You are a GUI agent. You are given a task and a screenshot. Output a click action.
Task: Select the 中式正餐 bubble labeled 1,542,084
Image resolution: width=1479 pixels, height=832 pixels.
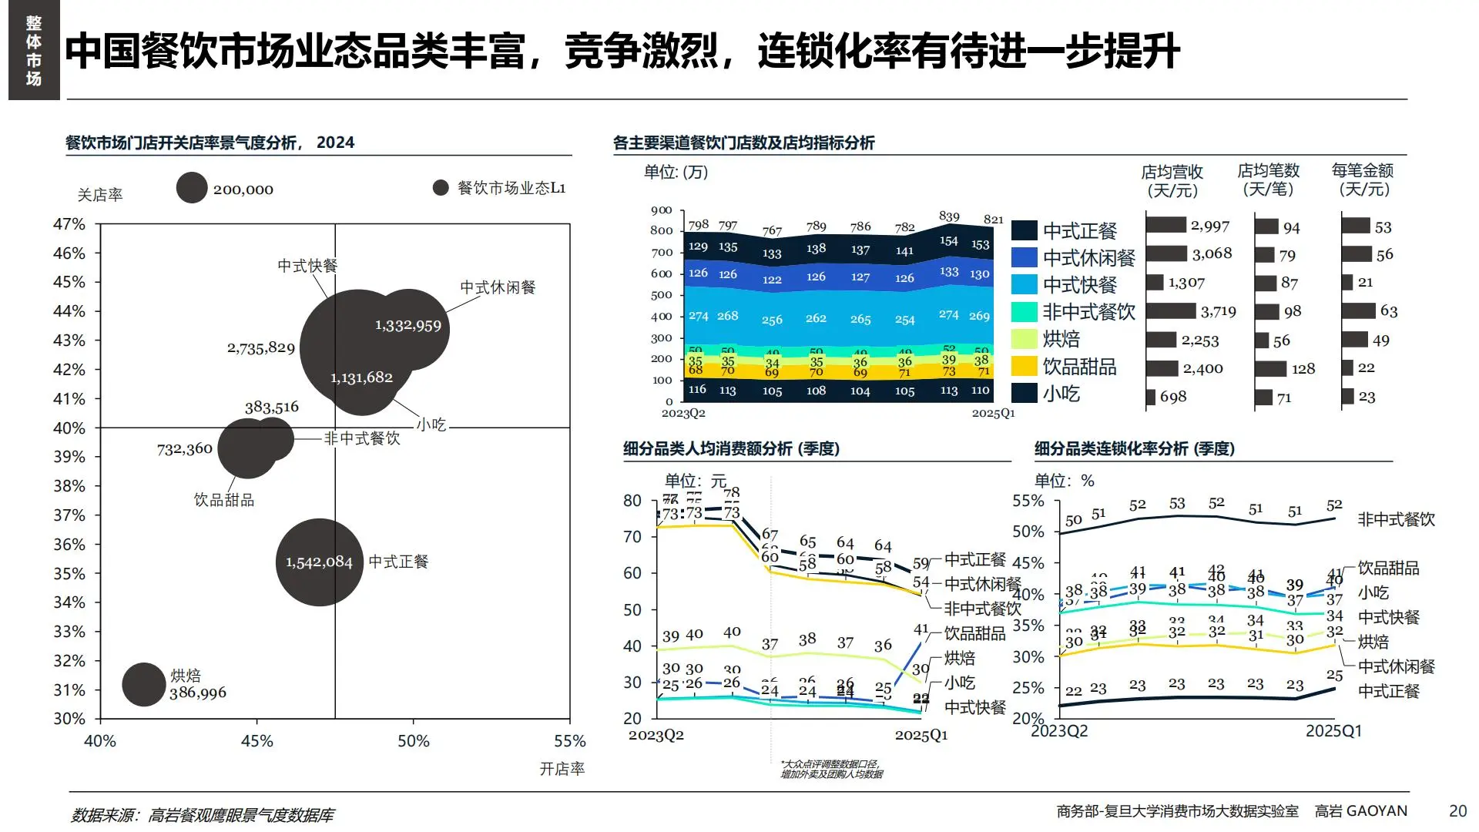pos(319,562)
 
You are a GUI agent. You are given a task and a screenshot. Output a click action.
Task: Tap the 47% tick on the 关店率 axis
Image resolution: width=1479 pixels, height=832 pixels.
pos(69,224)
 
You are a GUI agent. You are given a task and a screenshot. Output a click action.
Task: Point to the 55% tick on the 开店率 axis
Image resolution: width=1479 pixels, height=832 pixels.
pos(569,741)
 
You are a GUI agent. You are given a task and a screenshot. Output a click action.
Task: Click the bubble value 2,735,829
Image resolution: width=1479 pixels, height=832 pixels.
pos(260,348)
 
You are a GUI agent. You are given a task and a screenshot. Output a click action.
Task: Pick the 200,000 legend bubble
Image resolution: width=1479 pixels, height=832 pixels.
pos(192,188)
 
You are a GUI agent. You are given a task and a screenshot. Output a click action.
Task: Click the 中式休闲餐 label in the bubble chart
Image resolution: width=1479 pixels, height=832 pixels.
pos(498,287)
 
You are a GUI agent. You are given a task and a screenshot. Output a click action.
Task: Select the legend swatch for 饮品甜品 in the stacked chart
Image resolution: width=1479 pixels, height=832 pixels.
pos(1024,367)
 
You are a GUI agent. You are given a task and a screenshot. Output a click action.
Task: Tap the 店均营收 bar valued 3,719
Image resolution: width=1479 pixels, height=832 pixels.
pos(1170,311)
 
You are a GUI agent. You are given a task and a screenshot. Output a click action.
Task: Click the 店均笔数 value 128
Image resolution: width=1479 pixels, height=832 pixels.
pos(1303,369)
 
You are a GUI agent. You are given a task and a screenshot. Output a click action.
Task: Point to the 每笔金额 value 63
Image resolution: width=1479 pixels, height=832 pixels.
pos(1388,311)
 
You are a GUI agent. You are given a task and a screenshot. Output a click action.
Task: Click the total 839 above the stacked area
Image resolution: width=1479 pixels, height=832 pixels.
pos(949,216)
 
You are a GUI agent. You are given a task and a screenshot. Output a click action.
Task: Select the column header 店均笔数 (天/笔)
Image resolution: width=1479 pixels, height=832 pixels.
pos(1268,179)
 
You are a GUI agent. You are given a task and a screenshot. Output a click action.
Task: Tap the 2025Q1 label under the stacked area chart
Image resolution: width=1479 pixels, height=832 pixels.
pos(992,414)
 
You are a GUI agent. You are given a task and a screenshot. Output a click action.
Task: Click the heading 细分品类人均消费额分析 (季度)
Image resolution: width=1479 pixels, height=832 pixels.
pos(731,448)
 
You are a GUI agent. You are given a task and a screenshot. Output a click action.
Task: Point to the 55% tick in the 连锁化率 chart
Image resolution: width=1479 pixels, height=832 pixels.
pos(1028,502)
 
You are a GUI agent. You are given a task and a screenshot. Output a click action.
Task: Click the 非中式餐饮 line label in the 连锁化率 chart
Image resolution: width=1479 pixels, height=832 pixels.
pos(1396,520)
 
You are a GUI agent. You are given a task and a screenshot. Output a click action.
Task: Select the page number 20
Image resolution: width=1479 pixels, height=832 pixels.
pos(1457,811)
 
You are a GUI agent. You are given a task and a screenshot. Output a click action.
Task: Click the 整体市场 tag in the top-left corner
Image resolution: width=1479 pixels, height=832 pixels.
pos(34,50)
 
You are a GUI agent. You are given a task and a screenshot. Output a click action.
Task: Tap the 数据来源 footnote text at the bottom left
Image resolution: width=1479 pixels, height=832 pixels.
pos(203,815)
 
